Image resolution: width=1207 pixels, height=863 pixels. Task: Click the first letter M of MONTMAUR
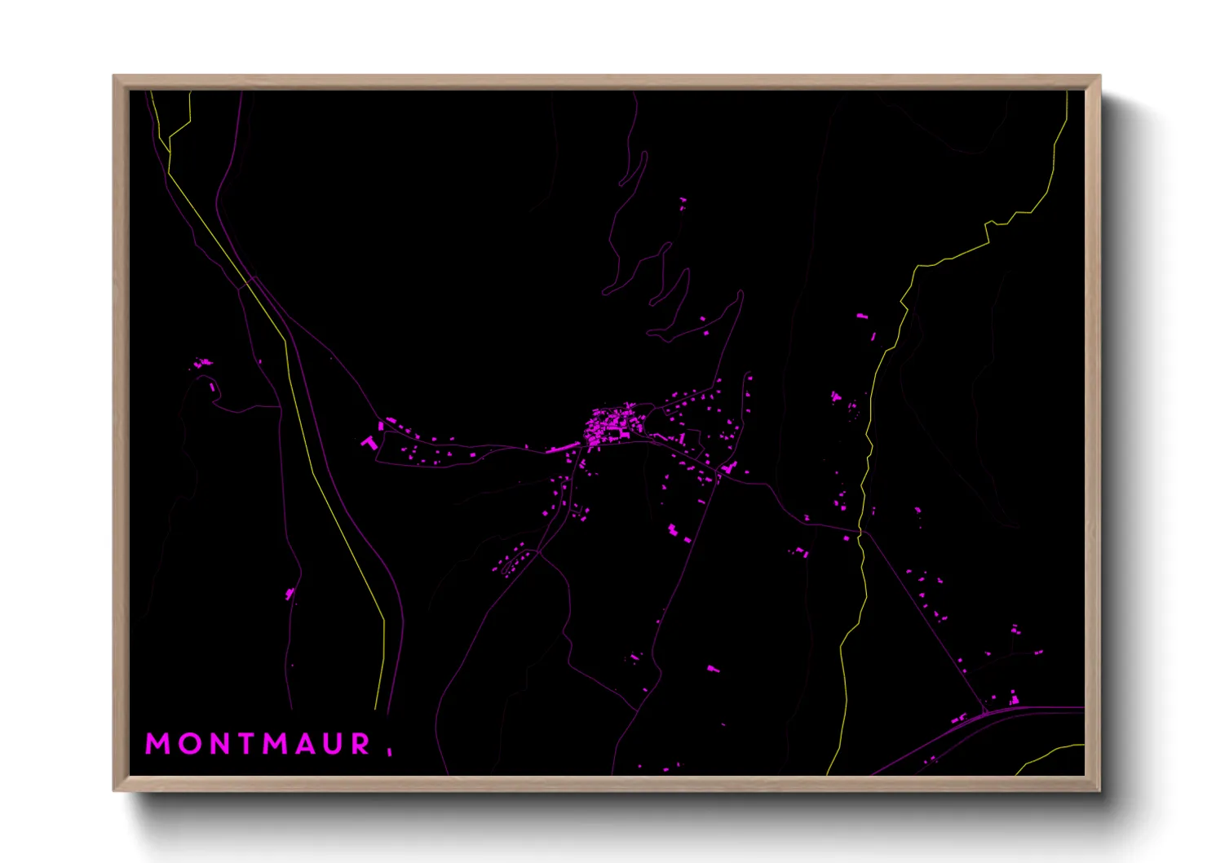(158, 744)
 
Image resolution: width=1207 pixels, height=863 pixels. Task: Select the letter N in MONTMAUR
(219, 744)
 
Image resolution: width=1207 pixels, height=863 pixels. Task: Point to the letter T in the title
(245, 744)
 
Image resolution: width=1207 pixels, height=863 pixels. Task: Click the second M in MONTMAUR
(276, 744)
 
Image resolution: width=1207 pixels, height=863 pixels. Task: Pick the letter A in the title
(306, 744)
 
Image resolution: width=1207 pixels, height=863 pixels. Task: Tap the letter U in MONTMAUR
(334, 744)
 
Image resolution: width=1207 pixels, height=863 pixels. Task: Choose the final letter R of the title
(361, 744)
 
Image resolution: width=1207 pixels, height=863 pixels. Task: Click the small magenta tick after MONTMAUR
(390, 751)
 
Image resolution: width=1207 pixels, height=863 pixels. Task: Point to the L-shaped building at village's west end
(369, 442)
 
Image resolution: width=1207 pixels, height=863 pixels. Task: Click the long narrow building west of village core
(561, 448)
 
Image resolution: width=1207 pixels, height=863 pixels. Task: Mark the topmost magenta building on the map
(683, 200)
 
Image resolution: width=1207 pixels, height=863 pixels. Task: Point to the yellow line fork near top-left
(170, 152)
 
